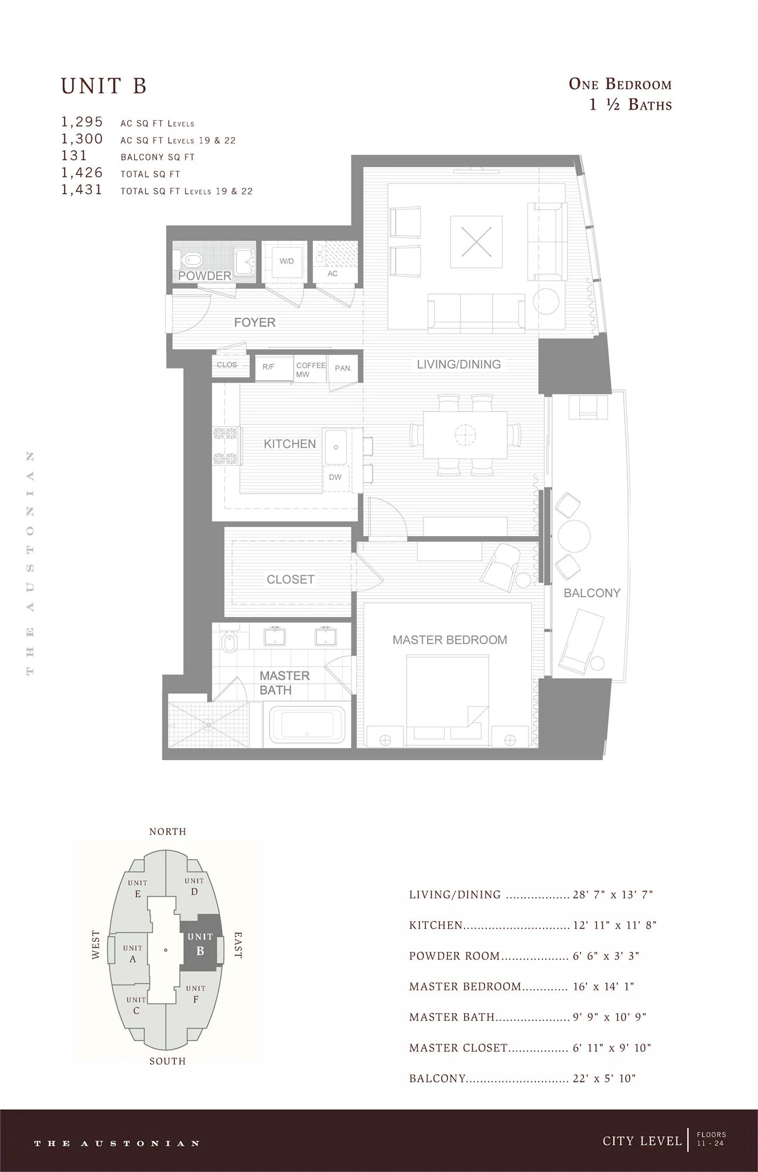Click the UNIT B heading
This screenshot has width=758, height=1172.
coord(104,86)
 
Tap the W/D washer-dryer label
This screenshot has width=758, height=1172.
coord(286,261)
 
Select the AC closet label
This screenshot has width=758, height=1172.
coord(333,274)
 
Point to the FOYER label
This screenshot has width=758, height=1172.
coord(255,322)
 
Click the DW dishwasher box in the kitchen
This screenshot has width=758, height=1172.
coord(335,477)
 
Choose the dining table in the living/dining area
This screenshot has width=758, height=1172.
coord(465,434)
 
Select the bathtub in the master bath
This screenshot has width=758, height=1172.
coord(308,724)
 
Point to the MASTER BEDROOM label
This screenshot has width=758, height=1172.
coord(450,640)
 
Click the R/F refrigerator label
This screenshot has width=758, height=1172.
coord(268,367)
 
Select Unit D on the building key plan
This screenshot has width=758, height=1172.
coord(194,887)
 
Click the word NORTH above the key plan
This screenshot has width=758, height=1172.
coord(168,832)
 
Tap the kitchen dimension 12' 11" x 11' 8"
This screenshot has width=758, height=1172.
coord(614,925)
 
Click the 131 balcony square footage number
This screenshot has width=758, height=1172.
coord(74,156)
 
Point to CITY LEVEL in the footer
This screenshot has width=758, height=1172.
coord(643,1141)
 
